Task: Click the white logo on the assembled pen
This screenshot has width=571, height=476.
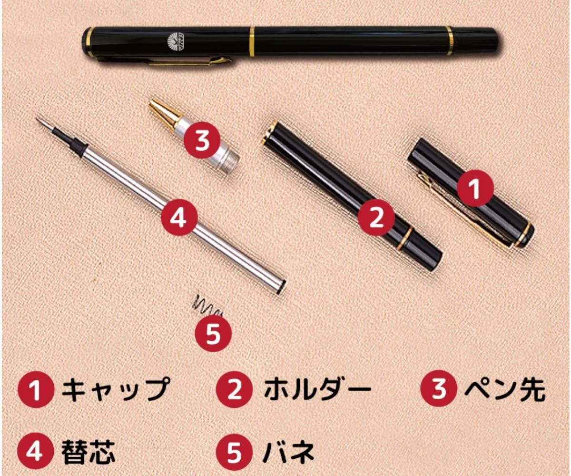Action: click(x=175, y=42)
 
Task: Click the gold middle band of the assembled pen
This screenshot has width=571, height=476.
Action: click(x=252, y=41)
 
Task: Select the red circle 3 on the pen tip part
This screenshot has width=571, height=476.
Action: click(x=202, y=140)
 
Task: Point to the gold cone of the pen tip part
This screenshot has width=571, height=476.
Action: click(x=164, y=114)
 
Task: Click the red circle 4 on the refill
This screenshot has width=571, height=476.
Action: click(x=179, y=217)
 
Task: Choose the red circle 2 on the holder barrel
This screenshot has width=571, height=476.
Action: click(x=376, y=218)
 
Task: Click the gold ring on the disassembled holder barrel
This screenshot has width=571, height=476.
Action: click(x=404, y=238)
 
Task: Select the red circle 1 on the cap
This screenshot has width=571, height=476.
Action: click(x=475, y=188)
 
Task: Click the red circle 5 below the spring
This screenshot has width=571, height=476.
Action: click(x=213, y=333)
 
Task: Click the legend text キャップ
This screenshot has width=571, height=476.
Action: click(x=115, y=389)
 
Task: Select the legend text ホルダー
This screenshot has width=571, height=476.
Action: click(x=317, y=389)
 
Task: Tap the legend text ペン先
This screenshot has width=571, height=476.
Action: click(x=505, y=388)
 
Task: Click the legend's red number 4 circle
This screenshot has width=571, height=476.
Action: click(x=35, y=451)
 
